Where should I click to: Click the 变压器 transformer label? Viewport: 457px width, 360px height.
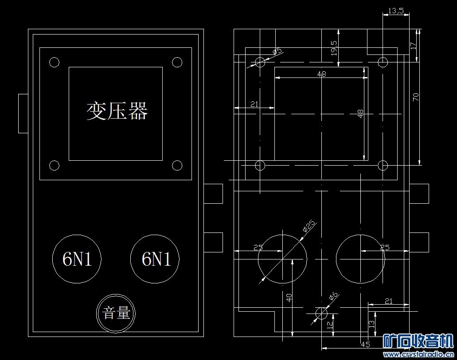pos(117,111)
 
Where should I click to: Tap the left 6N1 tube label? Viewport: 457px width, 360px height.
pos(77,259)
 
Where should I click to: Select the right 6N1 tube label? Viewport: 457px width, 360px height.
pos(156,259)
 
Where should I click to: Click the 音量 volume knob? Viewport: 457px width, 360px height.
pos(116,313)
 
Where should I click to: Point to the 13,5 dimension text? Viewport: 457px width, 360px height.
pos(396,11)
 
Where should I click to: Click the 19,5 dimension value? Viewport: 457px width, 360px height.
pos(334,48)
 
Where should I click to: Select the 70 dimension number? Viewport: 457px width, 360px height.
pos(416,97)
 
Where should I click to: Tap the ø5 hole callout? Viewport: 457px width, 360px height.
pos(277,51)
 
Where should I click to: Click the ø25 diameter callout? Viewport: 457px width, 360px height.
pos(309,226)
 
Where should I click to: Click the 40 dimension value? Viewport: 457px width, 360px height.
pos(289,298)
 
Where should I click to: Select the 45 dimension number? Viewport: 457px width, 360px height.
pos(366,345)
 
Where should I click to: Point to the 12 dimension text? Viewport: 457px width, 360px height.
pos(330,325)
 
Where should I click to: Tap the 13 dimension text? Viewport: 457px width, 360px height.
pos(371,324)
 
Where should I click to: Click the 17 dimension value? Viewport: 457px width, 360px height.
pos(413,46)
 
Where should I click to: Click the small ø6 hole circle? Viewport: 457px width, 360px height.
pos(321,313)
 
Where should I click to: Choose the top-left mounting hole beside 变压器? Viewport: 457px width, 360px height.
pos(54,62)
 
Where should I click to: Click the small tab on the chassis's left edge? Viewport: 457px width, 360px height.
pos(23,114)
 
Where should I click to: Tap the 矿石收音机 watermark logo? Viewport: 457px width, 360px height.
pos(418,341)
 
